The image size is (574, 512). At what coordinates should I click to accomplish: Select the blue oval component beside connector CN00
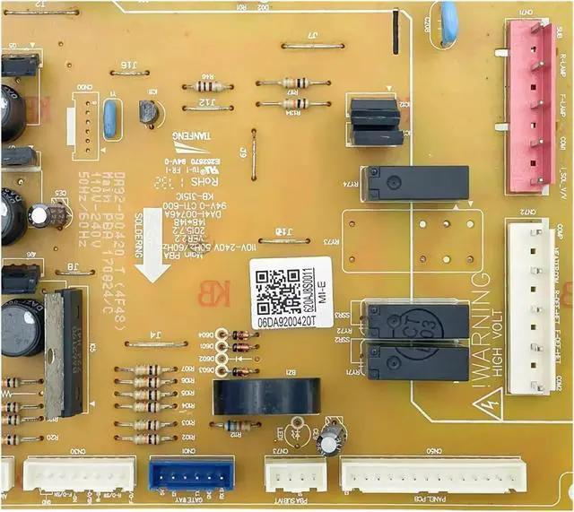pyautogui.click(x=110, y=120)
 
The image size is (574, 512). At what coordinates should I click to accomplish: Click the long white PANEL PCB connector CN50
pyautogui.click(x=432, y=474)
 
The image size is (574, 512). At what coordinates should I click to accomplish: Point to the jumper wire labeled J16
pyautogui.click(x=130, y=74)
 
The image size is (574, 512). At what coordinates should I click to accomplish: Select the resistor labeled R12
pyautogui.click(x=236, y=426)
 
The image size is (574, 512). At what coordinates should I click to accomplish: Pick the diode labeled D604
pyautogui.click(x=240, y=334)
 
